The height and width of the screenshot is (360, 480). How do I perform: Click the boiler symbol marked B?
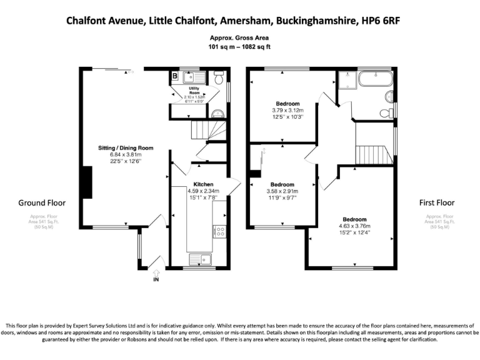pyautogui.click(x=175, y=76)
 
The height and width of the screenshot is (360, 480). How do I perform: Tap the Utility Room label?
pyautogui.click(x=194, y=91)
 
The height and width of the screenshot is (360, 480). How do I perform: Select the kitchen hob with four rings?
pyautogui.click(x=220, y=231)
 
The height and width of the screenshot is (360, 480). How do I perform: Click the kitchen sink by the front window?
pyautogui.click(x=201, y=259)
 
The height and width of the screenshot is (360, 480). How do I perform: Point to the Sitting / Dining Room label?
pyautogui.click(x=126, y=148)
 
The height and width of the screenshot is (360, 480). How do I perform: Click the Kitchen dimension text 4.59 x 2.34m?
pyautogui.click(x=203, y=191)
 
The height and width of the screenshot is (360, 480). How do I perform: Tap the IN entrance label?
pyautogui.click(x=156, y=279)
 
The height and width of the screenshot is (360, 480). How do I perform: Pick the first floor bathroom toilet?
pyautogui.click(x=386, y=113)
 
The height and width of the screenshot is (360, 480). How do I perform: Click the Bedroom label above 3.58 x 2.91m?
pyautogui.click(x=281, y=184)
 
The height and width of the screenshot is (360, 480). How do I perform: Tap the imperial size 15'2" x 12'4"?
pyautogui.click(x=354, y=233)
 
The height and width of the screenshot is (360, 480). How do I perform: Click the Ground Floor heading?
pyautogui.click(x=42, y=202)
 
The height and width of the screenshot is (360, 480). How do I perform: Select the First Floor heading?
pyautogui.click(x=437, y=202)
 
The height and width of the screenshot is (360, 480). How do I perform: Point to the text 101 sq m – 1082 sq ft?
pyautogui.click(x=240, y=47)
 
